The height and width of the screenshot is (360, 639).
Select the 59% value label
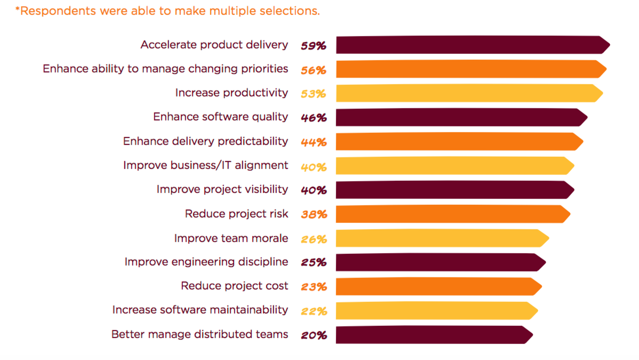(x=313, y=46)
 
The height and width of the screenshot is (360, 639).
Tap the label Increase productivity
(x=231, y=93)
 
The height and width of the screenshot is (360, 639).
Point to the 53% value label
(x=313, y=94)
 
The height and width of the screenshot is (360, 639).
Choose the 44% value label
(x=313, y=142)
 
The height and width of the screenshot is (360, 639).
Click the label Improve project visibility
(x=222, y=189)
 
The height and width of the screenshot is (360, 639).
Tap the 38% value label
(x=313, y=215)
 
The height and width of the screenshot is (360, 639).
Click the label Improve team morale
(x=231, y=238)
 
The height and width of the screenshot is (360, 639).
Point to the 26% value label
(x=313, y=239)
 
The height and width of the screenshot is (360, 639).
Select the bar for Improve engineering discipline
(x=440, y=262)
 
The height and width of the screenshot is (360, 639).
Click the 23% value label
(x=313, y=287)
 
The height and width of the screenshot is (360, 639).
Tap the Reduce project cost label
(x=234, y=286)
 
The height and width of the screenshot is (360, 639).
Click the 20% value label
(x=313, y=335)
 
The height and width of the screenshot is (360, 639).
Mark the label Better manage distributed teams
(x=199, y=334)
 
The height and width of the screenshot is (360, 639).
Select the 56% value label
(x=313, y=70)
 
